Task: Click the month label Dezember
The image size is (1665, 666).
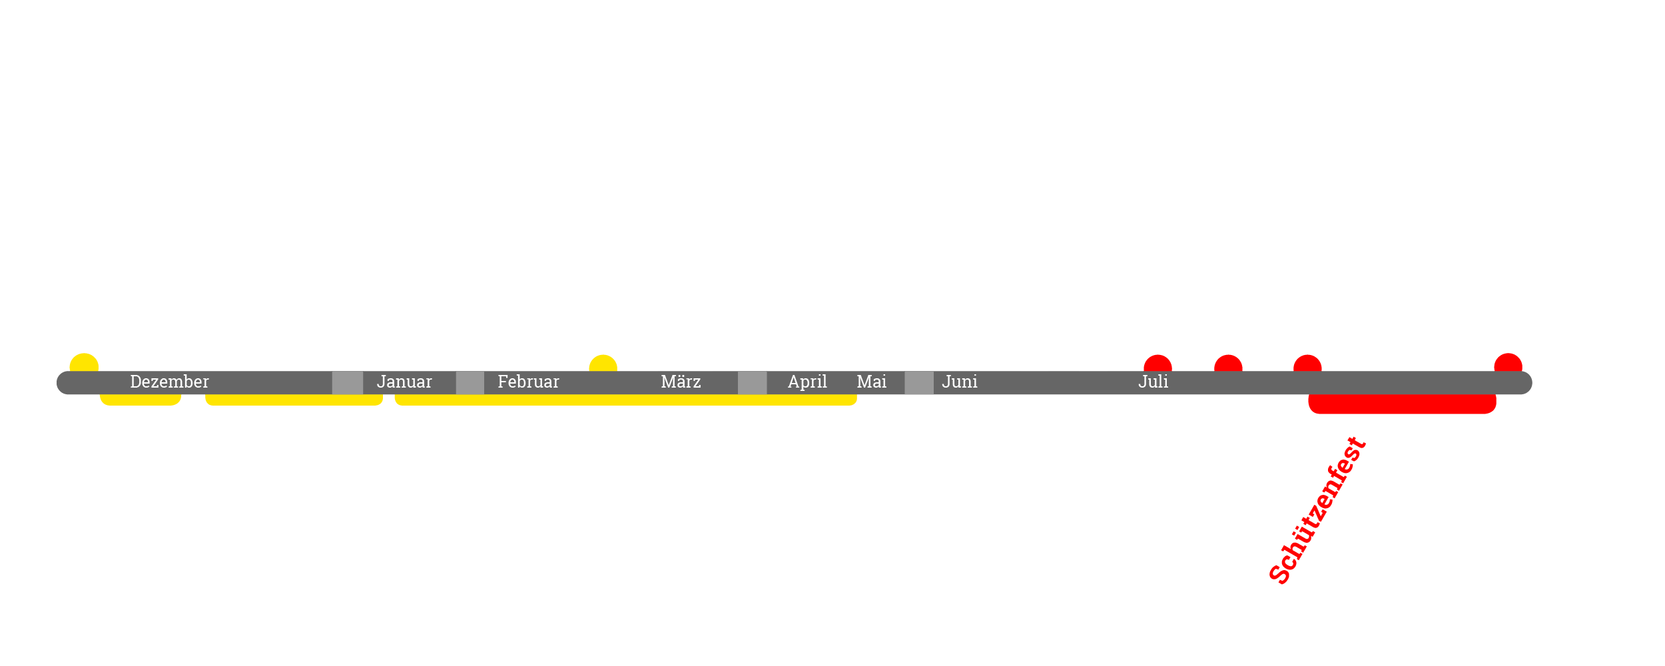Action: [x=169, y=382]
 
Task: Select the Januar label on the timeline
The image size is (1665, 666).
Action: [x=404, y=382]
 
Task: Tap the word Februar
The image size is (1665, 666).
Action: [x=528, y=382]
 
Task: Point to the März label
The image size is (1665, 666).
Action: [x=681, y=382]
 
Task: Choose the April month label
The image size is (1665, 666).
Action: [x=807, y=382]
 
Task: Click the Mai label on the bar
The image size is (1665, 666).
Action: [x=871, y=382]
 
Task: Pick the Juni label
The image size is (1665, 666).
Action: [x=960, y=382]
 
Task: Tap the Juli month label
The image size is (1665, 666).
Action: [x=1153, y=382]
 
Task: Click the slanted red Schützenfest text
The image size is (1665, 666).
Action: [x=1317, y=511]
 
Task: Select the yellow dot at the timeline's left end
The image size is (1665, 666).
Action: [x=84, y=364]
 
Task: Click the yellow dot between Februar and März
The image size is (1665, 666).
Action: [x=603, y=365]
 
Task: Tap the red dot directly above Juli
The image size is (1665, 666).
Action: [x=1158, y=365]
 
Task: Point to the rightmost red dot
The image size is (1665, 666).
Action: [x=1508, y=364]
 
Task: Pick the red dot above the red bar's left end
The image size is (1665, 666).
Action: [x=1307, y=365]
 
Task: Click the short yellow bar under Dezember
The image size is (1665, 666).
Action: [x=141, y=400]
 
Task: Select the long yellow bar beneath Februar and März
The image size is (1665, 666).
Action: [x=625, y=400]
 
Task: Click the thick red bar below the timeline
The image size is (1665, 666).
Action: [x=1402, y=404]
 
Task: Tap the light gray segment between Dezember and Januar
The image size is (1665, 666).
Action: [x=348, y=383]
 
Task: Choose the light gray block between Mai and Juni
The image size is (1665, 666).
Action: [x=919, y=383]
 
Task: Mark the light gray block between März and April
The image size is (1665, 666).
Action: [x=752, y=383]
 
